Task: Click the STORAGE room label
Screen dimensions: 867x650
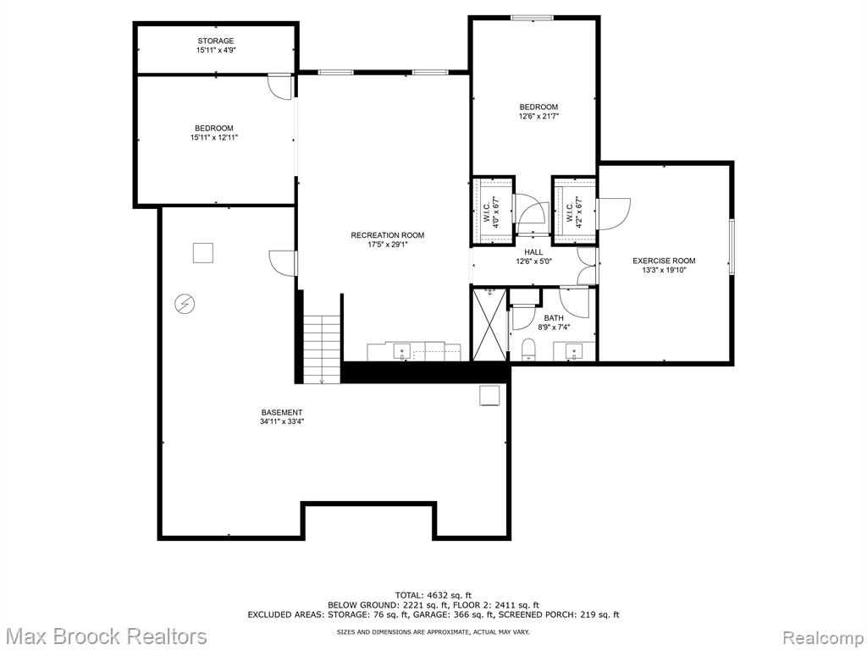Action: coord(216,41)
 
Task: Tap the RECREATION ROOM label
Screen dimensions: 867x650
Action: coord(388,235)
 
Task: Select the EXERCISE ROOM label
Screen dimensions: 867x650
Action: coord(664,261)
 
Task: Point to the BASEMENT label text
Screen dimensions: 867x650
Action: coord(282,412)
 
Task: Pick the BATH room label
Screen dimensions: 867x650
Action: coord(554,318)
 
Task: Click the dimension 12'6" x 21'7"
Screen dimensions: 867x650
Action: coord(538,116)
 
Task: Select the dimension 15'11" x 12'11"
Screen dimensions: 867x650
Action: coord(214,138)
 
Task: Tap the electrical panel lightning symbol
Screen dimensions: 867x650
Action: coord(185,304)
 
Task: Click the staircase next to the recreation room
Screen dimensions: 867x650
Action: coord(321,348)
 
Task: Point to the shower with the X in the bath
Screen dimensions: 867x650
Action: coord(489,324)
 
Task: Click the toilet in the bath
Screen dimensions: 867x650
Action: coord(529,350)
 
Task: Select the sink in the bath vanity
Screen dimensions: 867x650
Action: coord(574,351)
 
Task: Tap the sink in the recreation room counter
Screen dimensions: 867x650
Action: coord(401,351)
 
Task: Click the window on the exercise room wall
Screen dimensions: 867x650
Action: coord(731,246)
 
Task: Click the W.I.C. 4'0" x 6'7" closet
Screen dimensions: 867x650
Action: coord(493,211)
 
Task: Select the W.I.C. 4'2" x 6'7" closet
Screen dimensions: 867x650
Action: coord(575,211)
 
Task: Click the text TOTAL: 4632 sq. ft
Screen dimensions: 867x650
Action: coord(433,595)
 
